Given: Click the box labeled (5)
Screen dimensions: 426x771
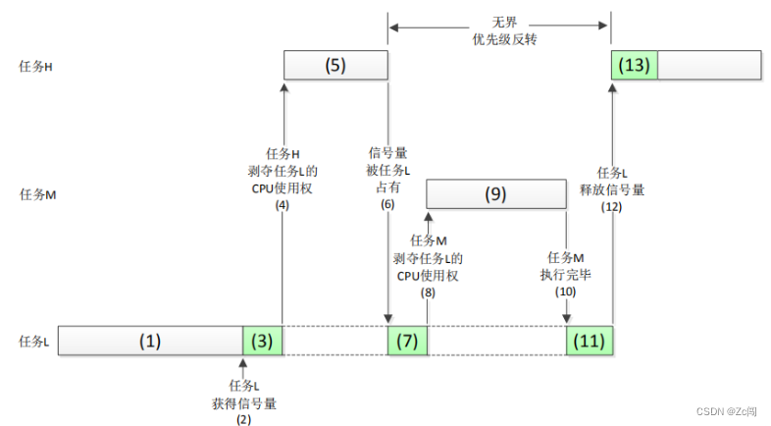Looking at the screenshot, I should [335, 66].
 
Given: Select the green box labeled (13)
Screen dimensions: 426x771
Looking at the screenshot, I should [635, 66].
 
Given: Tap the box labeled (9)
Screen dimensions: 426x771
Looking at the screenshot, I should [496, 194].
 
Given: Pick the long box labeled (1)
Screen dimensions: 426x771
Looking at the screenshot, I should [150, 341].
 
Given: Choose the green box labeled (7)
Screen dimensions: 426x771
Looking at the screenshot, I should [408, 341].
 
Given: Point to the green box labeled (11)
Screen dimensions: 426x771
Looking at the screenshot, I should [590, 341].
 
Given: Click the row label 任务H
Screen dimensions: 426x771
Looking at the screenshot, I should [35, 67].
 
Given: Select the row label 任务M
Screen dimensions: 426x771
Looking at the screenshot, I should [36, 194].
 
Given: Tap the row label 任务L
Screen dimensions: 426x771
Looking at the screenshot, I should [34, 342].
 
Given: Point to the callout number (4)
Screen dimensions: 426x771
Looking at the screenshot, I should [283, 205].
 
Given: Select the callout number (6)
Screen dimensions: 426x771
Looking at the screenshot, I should [387, 204].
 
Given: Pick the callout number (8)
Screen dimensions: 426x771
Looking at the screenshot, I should [428, 292].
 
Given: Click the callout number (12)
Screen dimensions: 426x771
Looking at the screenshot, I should [613, 205].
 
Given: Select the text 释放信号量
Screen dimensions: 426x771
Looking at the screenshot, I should [613, 189].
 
